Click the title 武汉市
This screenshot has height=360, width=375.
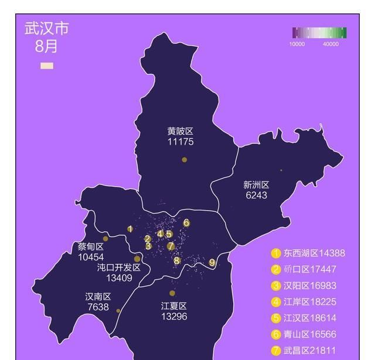tap(46, 29)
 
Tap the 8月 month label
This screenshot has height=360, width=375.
tap(46, 46)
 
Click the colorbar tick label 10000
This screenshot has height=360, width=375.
tap(296, 44)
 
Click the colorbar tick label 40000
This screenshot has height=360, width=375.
tap(330, 44)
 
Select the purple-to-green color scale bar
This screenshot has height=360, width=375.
tap(319, 33)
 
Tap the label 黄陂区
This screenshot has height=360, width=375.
tap(180, 132)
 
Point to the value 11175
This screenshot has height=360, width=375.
tap(180, 142)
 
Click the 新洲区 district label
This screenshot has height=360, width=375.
tap(256, 185)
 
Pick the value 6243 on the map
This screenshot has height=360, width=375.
tap(256, 195)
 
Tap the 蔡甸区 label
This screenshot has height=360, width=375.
tap(91, 247)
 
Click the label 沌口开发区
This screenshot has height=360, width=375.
tap(119, 268)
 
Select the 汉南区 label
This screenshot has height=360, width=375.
tap(98, 297)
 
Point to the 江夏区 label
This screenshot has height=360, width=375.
tap(173, 306)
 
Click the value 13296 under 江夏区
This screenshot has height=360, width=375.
tap(173, 316)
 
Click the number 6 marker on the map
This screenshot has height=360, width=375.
tap(186, 222)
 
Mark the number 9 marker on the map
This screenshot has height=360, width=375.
tap(212, 263)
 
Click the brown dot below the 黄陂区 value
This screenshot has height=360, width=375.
tap(184, 159)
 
